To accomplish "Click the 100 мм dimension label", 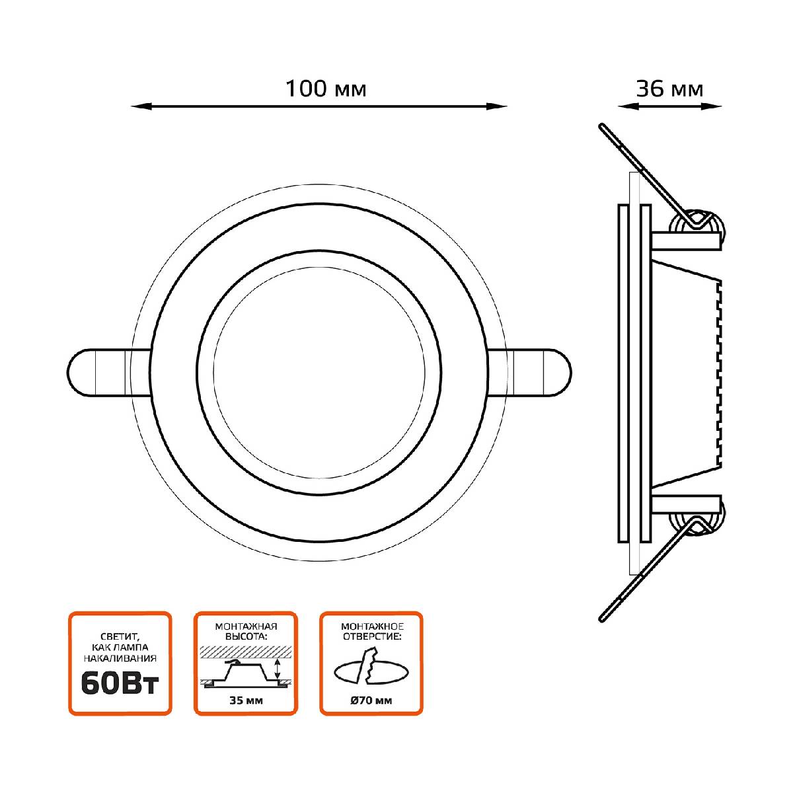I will coord(325,89).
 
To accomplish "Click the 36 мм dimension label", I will coord(669,89).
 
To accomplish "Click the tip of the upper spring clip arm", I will coord(601,126).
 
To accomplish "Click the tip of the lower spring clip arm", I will coord(601,618).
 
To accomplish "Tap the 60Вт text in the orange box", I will coord(120,685).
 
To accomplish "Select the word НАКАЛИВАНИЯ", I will coord(120,658).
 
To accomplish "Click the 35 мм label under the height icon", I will coord(245,701).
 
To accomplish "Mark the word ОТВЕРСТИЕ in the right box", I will coord(371,636).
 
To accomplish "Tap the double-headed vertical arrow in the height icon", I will coord(278,669).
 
